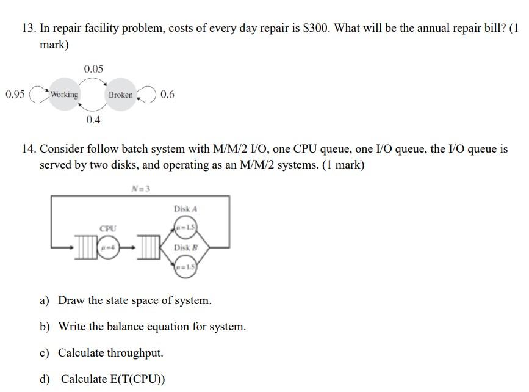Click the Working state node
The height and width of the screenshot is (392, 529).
(x=65, y=95)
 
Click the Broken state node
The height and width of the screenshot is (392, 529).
(x=120, y=95)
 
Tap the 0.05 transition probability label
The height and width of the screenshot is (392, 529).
(x=93, y=68)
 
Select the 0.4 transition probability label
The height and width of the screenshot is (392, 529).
(x=93, y=120)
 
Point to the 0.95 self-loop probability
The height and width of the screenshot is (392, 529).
(x=15, y=94)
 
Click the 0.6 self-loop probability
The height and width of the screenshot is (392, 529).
(x=167, y=94)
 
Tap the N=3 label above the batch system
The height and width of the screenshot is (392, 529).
(x=140, y=188)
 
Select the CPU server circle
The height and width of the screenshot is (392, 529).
(x=108, y=247)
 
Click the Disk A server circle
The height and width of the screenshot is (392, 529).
(x=185, y=228)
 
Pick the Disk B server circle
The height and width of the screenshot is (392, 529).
(x=185, y=267)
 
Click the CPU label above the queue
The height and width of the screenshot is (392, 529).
(x=107, y=228)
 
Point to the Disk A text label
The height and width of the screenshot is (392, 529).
(x=185, y=209)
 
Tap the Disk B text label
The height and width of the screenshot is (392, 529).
(x=185, y=248)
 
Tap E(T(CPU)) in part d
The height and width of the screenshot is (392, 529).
(x=134, y=379)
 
